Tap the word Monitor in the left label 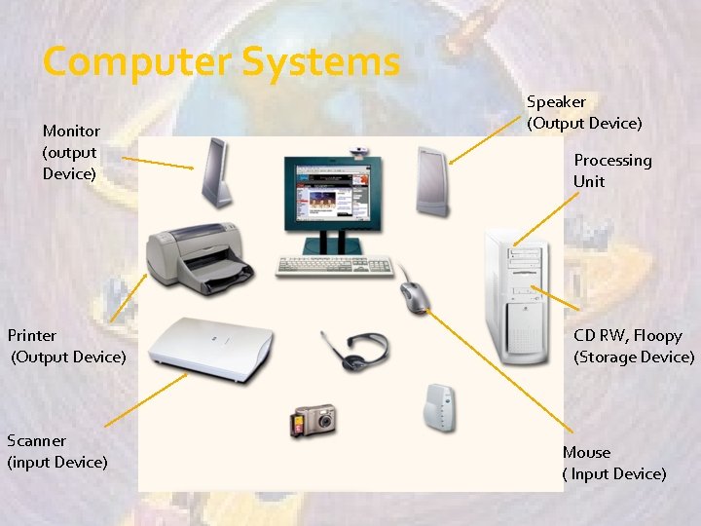pos(71,131)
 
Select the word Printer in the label pos(32,335)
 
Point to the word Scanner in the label pos(37,440)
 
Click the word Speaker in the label pos(556,101)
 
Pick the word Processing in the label pos(612,160)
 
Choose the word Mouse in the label pos(586,452)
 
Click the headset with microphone pos(356,349)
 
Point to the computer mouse pos(414,294)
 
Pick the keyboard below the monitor pos(334,265)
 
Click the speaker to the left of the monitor pos(217,171)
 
